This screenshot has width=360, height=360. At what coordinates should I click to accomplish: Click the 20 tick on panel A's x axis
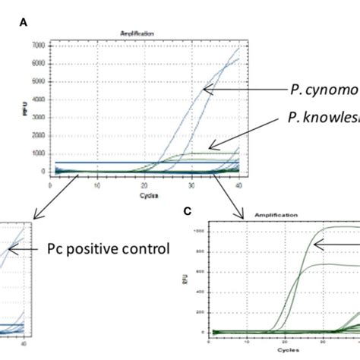(x=144, y=185)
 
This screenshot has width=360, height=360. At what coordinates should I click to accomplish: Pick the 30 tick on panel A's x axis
(x=191, y=185)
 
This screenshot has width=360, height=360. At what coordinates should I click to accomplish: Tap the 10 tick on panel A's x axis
(x=97, y=185)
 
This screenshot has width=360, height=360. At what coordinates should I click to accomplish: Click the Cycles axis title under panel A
(x=144, y=195)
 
